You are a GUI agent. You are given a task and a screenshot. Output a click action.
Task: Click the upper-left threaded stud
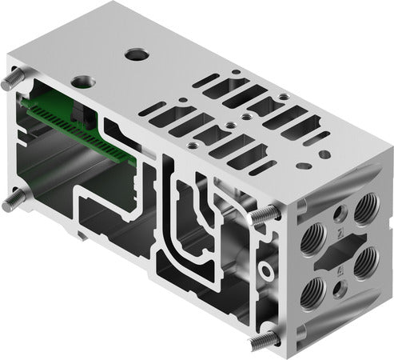pyautogui.click(x=14, y=81)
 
